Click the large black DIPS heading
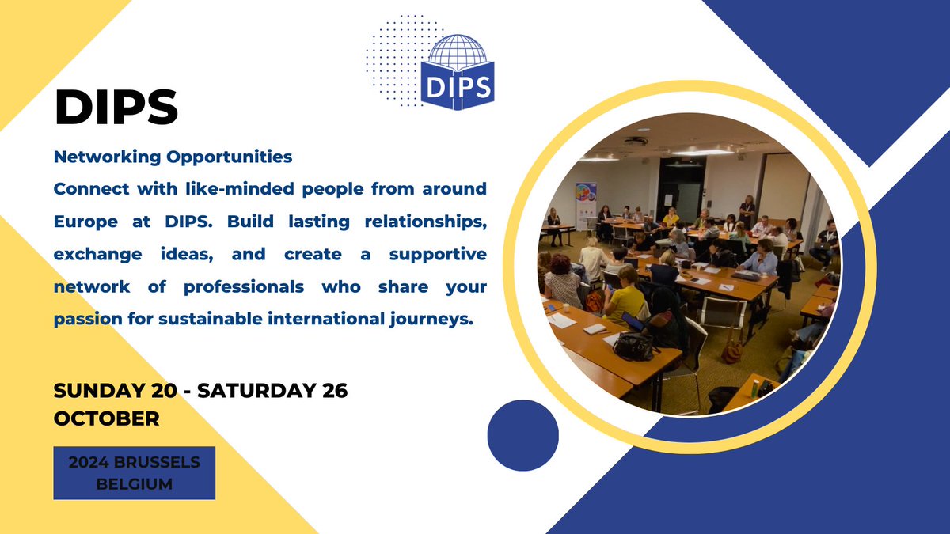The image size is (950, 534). pyautogui.click(x=116, y=108)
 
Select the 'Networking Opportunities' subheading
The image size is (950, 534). pyautogui.click(x=173, y=157)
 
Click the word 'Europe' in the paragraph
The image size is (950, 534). pyautogui.click(x=84, y=222)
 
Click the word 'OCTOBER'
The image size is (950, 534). pyautogui.click(x=106, y=418)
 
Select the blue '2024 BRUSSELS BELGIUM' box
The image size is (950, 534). pyautogui.click(x=134, y=472)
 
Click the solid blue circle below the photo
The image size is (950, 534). pyautogui.click(x=522, y=435)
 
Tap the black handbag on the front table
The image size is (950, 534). pyautogui.click(x=636, y=345)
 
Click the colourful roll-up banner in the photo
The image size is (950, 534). pyautogui.click(x=587, y=205)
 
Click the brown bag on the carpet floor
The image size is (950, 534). pyautogui.click(x=733, y=351)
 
